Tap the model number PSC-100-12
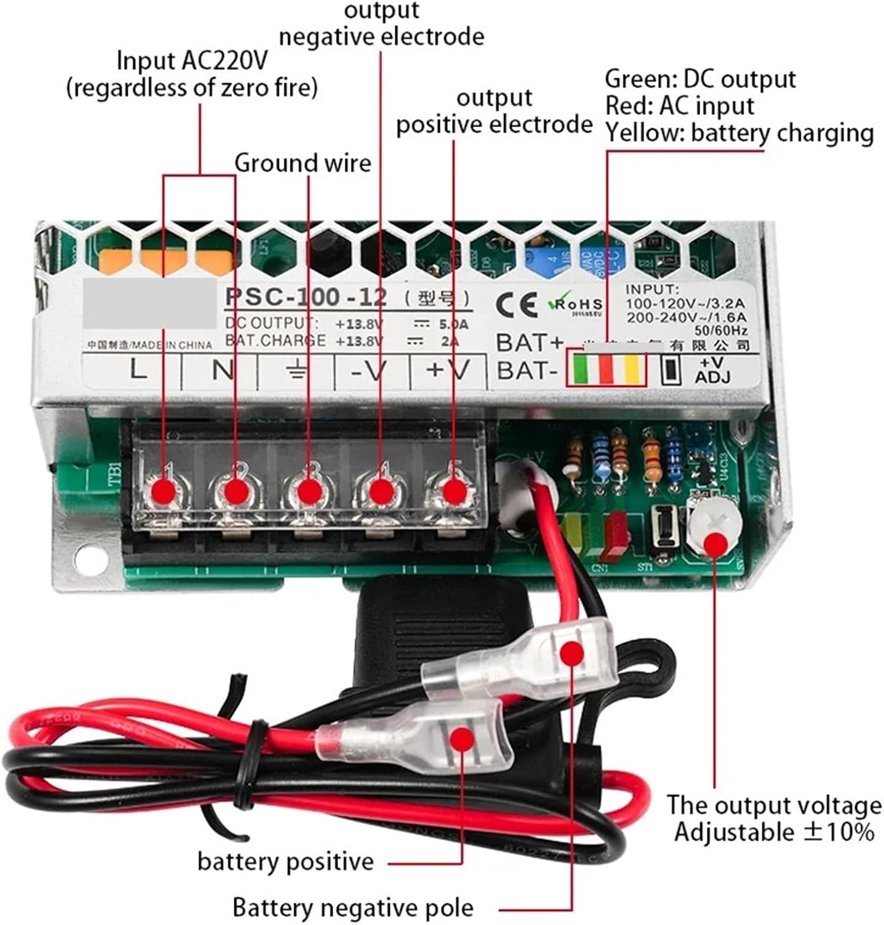(x=305, y=297)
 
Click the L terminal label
(x=139, y=369)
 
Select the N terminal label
(x=222, y=370)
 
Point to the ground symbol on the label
(x=297, y=371)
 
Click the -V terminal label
(x=369, y=371)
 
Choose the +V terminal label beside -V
(x=448, y=369)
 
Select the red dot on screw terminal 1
(x=164, y=491)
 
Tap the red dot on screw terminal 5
(x=455, y=491)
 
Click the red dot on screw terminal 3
(x=310, y=491)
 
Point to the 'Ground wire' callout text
(x=303, y=163)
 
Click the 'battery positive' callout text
(x=286, y=861)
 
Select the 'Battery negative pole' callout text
(x=353, y=908)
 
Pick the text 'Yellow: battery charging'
(x=739, y=133)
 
